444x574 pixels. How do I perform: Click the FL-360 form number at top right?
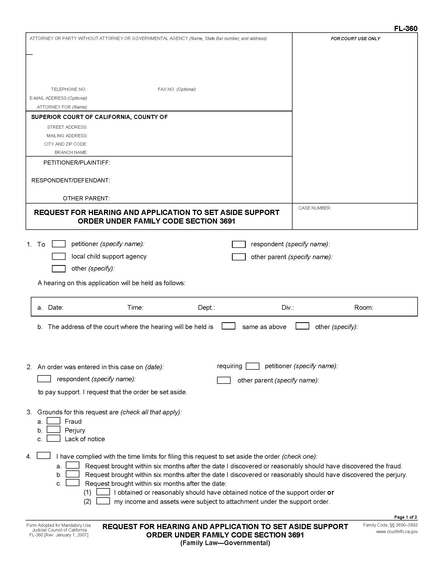point(405,29)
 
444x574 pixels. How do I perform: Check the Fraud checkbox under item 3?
point(53,421)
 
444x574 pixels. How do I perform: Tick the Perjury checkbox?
point(53,430)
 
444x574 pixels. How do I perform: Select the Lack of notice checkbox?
point(53,438)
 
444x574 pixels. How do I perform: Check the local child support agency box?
point(59,256)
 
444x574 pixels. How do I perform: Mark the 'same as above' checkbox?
point(228,326)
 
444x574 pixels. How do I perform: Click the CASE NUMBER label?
point(315,208)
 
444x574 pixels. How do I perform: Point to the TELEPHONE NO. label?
point(69,89)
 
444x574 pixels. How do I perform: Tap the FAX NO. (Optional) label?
point(177,89)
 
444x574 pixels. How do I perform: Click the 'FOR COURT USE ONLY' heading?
point(355,39)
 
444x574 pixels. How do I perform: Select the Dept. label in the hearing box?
point(206,308)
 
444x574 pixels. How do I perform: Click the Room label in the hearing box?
point(364,308)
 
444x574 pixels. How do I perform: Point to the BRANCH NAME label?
point(71,152)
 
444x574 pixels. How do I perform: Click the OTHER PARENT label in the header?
point(86,199)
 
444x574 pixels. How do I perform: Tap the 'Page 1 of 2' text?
point(405,517)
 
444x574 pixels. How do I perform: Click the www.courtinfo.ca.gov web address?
point(397,531)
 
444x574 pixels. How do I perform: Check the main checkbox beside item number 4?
point(44,456)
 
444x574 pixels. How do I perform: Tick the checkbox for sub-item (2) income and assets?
point(103,501)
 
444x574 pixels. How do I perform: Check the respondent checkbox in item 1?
point(238,244)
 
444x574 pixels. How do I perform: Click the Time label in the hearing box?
point(135,308)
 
